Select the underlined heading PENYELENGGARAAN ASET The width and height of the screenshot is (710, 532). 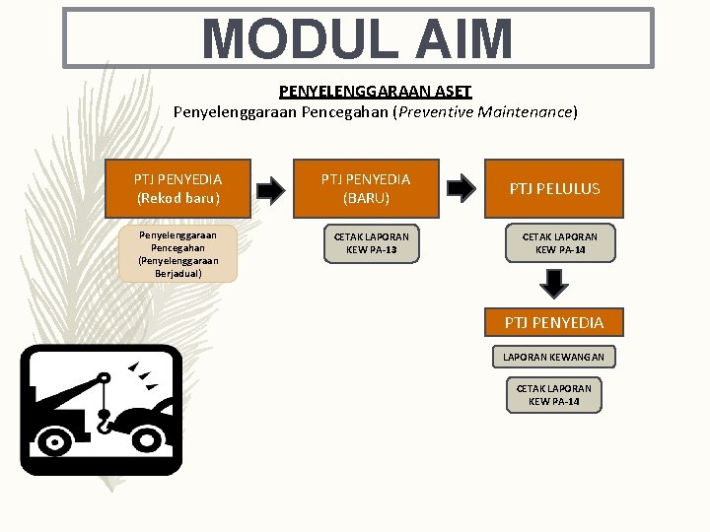(x=376, y=92)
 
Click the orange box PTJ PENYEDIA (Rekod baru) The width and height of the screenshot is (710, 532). (x=177, y=188)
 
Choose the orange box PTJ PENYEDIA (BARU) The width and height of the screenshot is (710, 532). (x=366, y=188)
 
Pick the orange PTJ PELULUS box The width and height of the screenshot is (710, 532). (x=553, y=188)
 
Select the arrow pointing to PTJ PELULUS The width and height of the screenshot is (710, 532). (x=459, y=187)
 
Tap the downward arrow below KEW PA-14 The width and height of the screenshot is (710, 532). (x=555, y=284)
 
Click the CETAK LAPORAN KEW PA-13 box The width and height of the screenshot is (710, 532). (x=371, y=243)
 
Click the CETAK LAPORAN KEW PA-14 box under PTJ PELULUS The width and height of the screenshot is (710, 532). (x=559, y=243)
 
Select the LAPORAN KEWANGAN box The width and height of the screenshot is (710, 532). (x=553, y=357)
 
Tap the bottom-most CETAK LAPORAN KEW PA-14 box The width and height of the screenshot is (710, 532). (x=553, y=395)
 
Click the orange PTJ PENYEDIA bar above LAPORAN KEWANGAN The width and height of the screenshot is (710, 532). (x=553, y=322)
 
